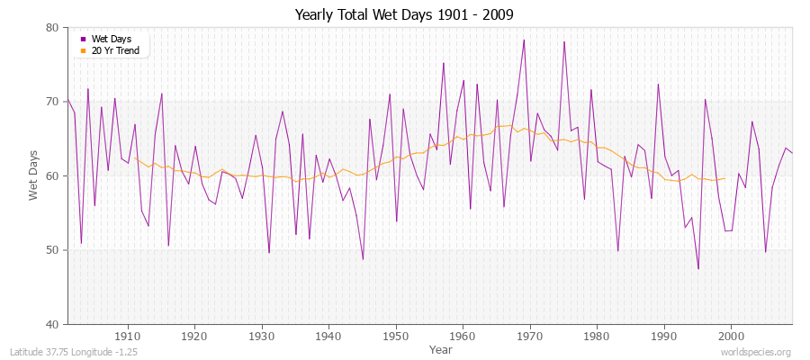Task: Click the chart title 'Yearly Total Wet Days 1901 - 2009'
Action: coord(404,15)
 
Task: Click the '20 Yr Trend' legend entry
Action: coord(113,50)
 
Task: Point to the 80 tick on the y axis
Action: coord(52,28)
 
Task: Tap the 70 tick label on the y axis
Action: coord(52,102)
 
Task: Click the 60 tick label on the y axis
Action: coord(52,175)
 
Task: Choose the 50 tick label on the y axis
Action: coord(52,250)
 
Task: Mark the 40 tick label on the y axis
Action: coord(52,324)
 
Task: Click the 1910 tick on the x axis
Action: coord(127,336)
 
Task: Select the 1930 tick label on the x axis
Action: coord(261,336)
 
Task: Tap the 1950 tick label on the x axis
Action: coord(395,336)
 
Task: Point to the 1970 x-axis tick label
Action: coord(529,336)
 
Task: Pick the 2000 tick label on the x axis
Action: coord(731,336)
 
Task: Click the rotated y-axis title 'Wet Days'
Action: coord(33,175)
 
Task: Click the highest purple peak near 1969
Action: coord(524,40)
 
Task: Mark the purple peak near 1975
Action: coord(564,41)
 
